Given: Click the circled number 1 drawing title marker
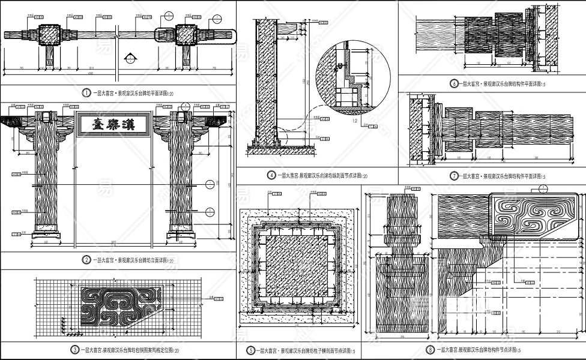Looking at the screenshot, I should click(86, 94).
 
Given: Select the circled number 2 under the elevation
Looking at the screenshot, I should click(86, 260).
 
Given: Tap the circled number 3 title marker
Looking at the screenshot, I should click(74, 350).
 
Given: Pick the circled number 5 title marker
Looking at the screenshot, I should click(251, 350).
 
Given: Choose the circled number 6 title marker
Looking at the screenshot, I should click(455, 84).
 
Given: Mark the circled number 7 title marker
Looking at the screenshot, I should click(455, 176).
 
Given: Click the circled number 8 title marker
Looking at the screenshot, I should click(430, 350).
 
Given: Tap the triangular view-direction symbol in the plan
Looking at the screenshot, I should click(130, 59).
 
